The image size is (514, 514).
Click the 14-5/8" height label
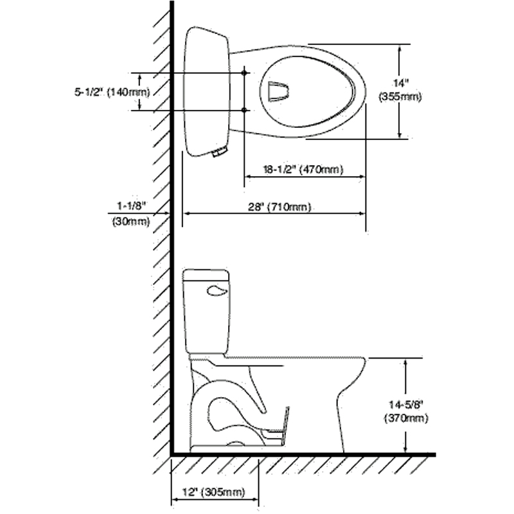406,405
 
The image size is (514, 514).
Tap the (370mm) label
406,418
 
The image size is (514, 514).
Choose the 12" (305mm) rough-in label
214,493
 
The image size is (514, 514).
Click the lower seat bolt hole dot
245,111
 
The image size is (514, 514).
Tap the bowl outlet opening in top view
277,91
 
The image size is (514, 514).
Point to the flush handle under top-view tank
219,152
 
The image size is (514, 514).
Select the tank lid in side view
206,276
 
